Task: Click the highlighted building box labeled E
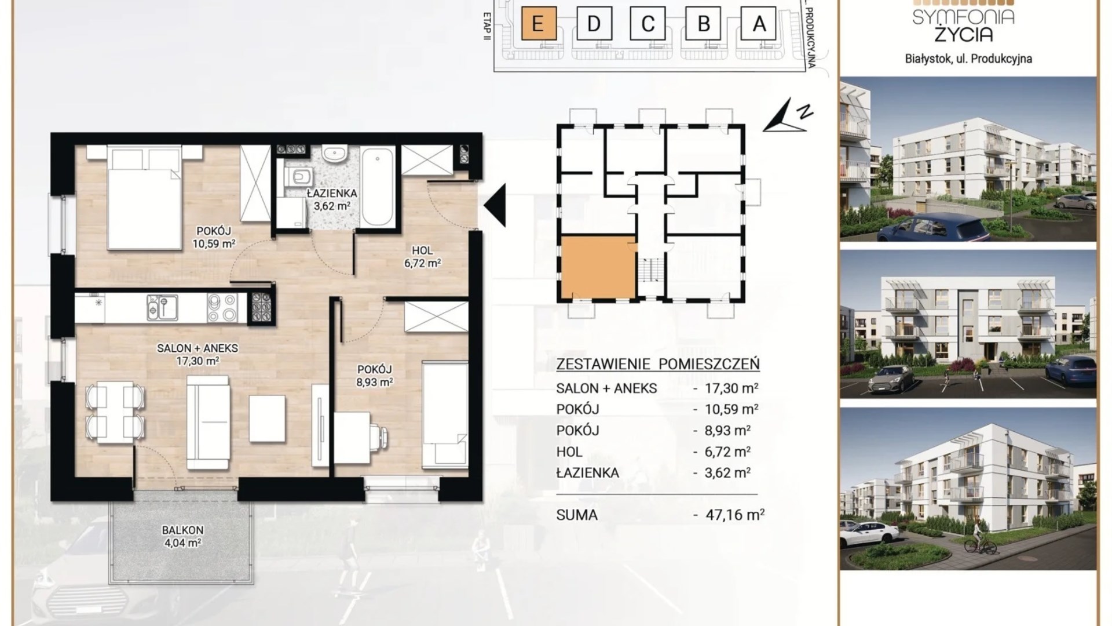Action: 539,24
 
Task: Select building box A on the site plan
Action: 759,24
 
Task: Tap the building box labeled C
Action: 648,24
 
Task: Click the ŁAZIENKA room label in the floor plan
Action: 332,194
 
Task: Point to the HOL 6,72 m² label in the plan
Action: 422,257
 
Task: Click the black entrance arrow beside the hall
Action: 495,205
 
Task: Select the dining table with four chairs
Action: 115,412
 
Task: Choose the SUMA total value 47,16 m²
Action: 736,515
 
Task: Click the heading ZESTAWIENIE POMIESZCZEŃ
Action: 658,364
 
